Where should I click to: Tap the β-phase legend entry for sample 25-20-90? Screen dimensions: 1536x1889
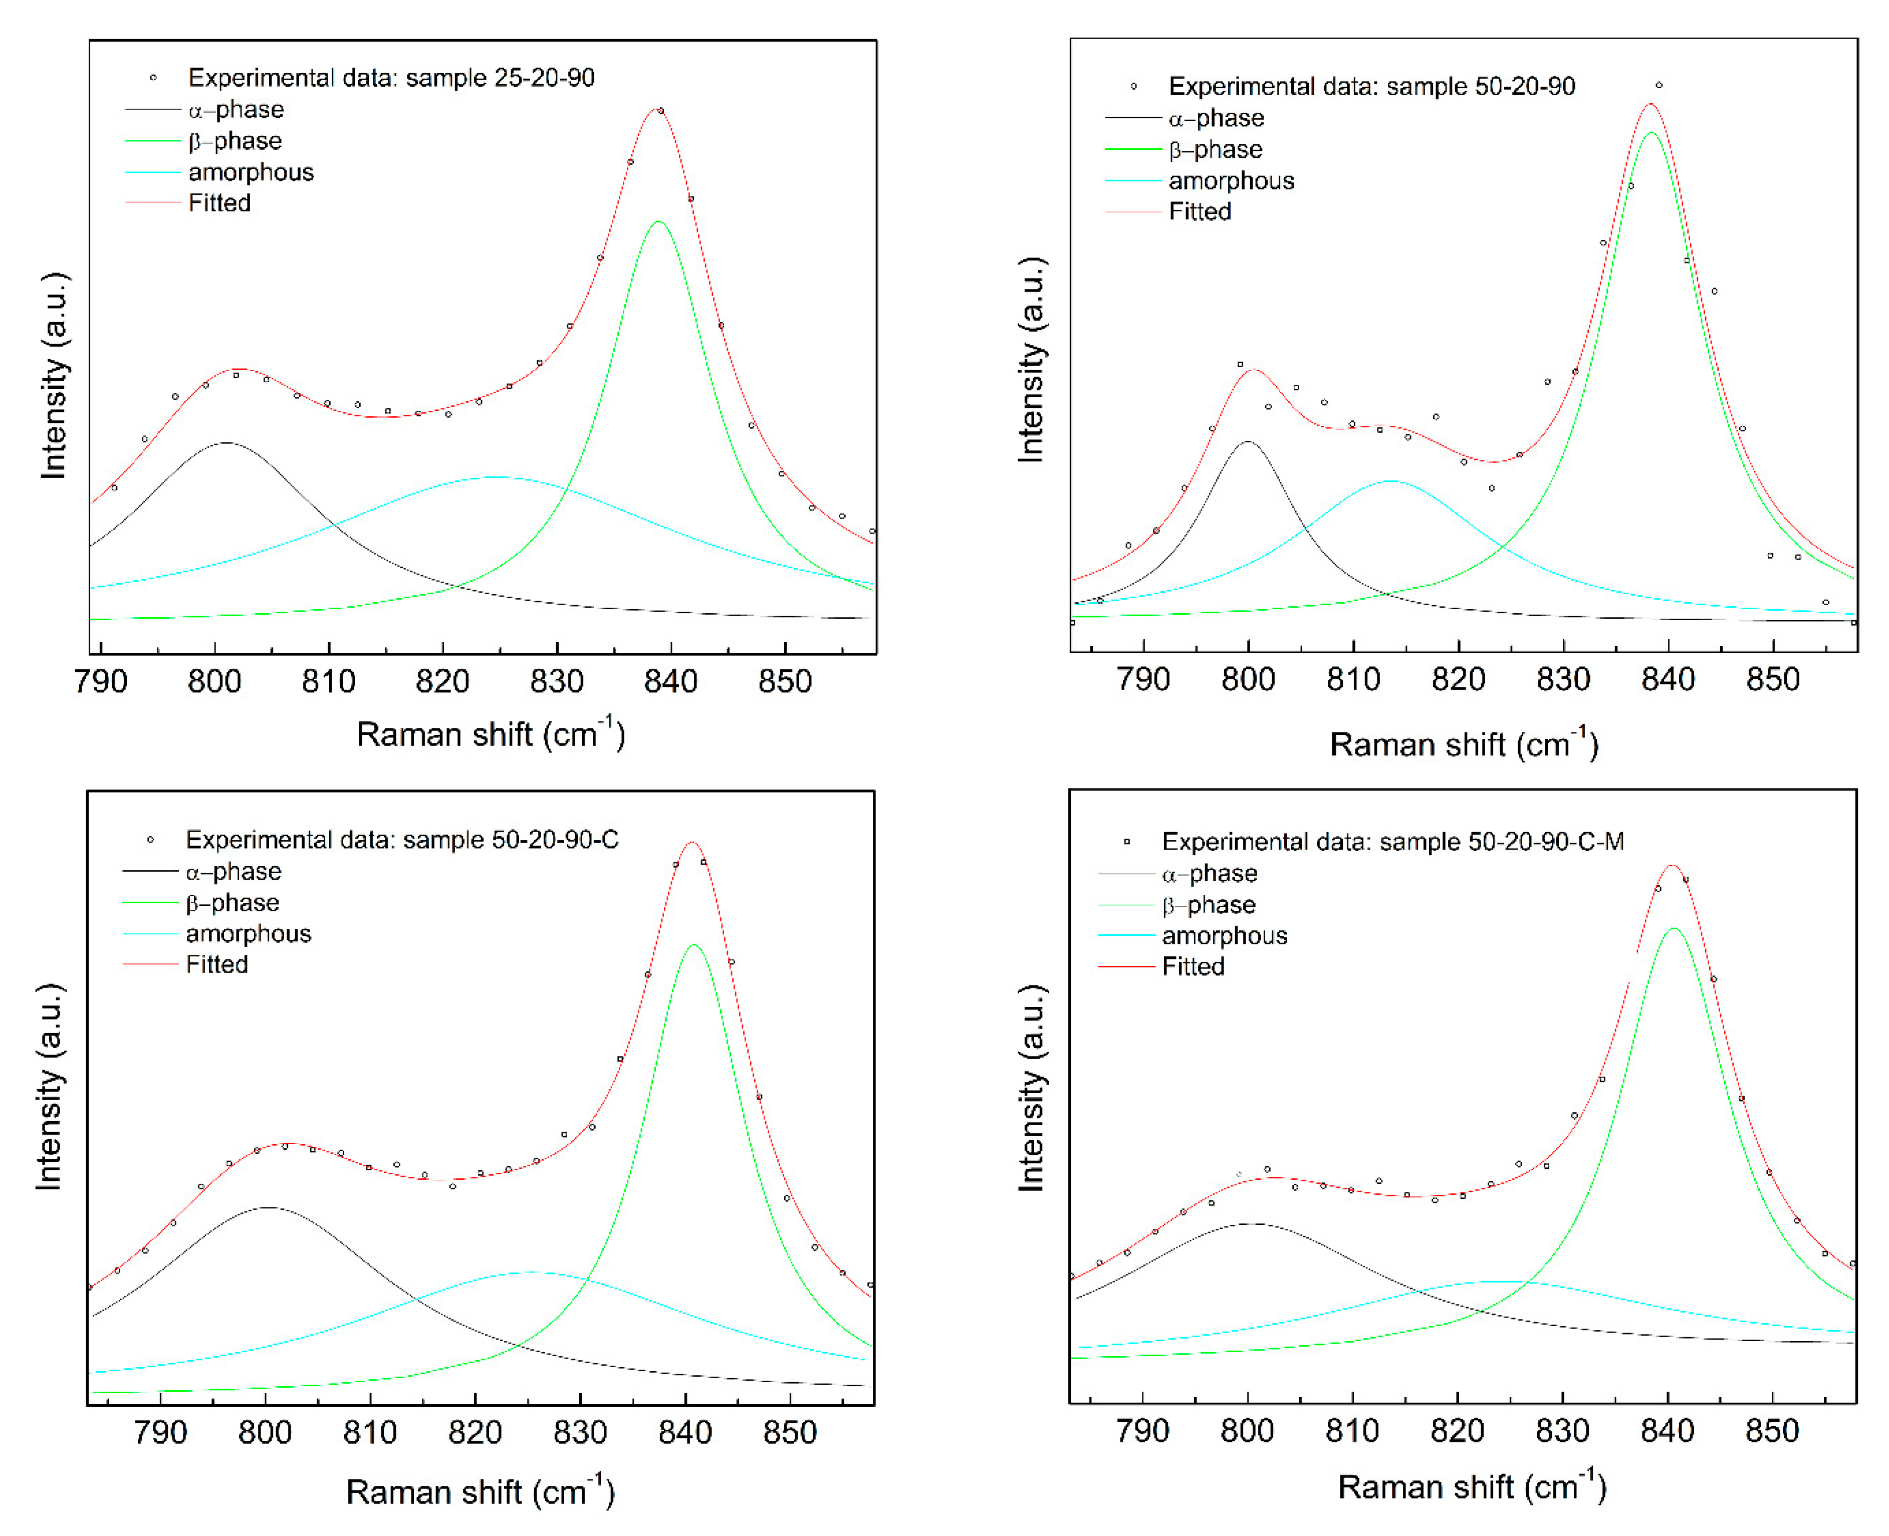click(234, 141)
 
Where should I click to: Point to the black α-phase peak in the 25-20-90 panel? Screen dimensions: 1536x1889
click(226, 442)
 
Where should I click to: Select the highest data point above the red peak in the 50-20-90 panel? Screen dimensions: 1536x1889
click(1659, 86)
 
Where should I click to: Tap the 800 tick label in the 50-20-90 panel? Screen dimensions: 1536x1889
click(1248, 679)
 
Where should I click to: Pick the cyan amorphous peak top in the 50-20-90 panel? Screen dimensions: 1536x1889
click(1390, 481)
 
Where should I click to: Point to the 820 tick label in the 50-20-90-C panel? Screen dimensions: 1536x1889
click(474, 1432)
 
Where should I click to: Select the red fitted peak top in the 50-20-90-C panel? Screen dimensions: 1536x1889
click(692, 842)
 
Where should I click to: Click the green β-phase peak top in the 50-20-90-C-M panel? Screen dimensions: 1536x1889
click(1673, 928)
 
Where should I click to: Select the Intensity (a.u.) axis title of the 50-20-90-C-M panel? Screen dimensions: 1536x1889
click(1032, 1088)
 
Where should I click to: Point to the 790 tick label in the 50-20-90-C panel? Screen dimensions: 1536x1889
click(160, 1432)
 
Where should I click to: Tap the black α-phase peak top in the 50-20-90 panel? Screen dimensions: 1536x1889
click(1247, 441)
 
